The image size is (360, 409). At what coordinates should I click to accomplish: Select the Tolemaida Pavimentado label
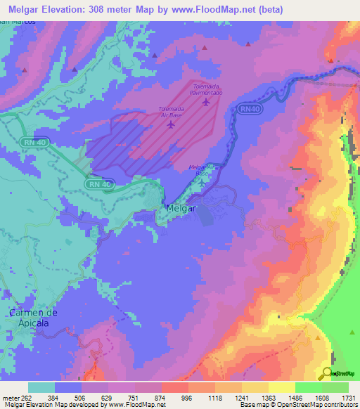(205, 89)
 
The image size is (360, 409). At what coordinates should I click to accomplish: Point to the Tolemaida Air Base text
(171, 112)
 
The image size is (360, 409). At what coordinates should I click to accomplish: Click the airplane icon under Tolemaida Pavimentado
(205, 102)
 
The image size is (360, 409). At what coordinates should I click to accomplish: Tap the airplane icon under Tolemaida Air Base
(171, 124)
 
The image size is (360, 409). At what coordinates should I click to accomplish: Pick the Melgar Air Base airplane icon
(202, 183)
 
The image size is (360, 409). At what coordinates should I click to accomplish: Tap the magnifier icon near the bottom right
(328, 373)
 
